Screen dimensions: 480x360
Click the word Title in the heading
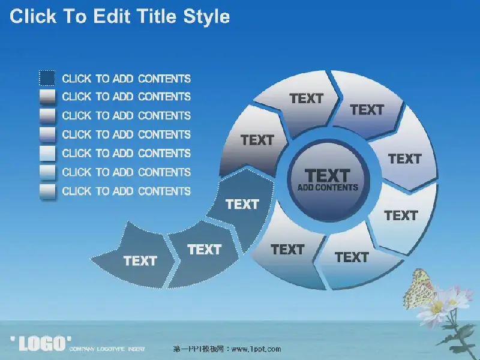[x=156, y=16]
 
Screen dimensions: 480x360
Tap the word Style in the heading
[x=206, y=17]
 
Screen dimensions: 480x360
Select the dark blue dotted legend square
[x=47, y=78]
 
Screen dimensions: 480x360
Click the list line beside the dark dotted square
[x=126, y=79]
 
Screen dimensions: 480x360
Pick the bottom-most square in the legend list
[x=47, y=191]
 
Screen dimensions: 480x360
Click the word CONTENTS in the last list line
[x=164, y=191]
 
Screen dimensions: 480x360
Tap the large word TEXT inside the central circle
[x=327, y=175]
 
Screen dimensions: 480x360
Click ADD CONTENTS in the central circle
[x=328, y=187]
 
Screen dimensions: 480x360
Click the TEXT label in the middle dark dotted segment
[x=204, y=250]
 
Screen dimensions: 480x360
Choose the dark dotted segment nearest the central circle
[x=242, y=205]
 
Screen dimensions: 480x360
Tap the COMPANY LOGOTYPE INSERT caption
[x=107, y=349]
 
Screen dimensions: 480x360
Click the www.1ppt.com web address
[x=256, y=349]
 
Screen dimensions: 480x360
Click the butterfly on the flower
[x=418, y=289]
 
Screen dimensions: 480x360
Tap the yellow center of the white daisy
[x=437, y=307]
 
